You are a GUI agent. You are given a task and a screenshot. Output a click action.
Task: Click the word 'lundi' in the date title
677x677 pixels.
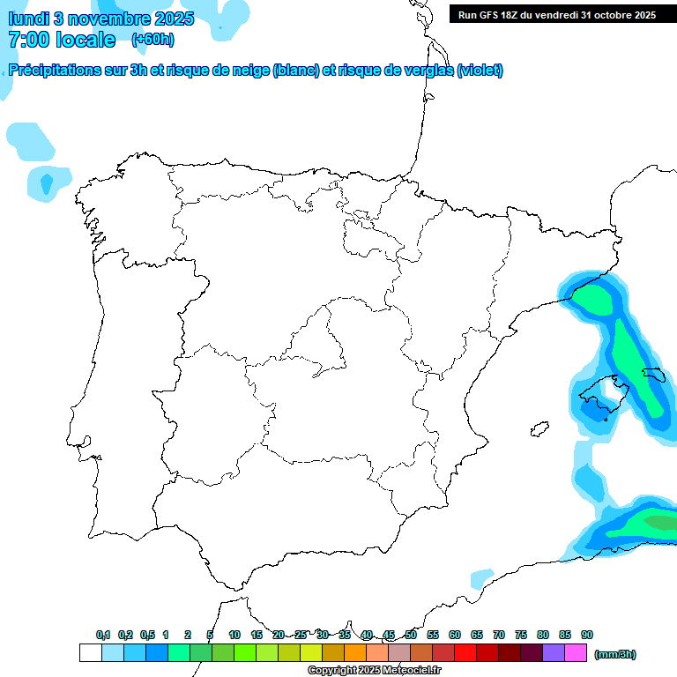[28, 19]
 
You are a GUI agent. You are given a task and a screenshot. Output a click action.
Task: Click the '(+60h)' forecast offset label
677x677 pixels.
[153, 39]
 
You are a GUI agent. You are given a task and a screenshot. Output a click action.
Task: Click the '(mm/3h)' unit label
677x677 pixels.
[614, 654]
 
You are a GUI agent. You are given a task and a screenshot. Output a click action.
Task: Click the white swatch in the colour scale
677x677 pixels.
[90, 653]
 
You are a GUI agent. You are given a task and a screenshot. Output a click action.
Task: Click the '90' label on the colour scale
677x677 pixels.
[587, 635]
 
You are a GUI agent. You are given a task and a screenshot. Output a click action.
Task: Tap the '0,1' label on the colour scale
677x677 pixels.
[103, 635]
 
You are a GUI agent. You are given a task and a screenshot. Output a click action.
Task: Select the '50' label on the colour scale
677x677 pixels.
[411, 635]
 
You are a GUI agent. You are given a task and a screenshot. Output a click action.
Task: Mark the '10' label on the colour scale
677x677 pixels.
[234, 635]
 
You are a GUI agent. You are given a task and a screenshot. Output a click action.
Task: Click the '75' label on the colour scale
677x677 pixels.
[521, 635]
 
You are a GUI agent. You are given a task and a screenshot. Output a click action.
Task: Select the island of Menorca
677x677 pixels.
[653, 374]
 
